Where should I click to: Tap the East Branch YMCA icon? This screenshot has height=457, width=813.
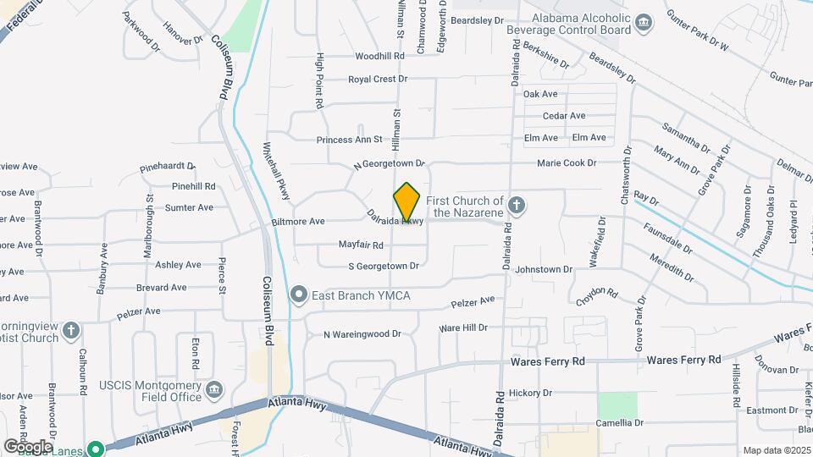pyautogui.click(x=298, y=295)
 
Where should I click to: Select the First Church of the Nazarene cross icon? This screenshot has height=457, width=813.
pyautogui.click(x=517, y=204)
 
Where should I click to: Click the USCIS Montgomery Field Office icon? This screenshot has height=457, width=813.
pyautogui.click(x=215, y=389)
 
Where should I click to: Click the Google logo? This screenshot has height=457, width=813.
pyautogui.click(x=28, y=446)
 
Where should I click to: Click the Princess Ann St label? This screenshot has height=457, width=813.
pyautogui.click(x=350, y=140)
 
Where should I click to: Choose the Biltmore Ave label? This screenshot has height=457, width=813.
pyautogui.click(x=298, y=222)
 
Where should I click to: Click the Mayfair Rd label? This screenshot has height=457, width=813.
pyautogui.click(x=361, y=245)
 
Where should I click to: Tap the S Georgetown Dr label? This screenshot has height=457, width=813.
pyautogui.click(x=384, y=266)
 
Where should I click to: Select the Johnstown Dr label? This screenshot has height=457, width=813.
pyautogui.click(x=545, y=269)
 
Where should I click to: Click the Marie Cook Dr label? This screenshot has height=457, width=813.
pyautogui.click(x=567, y=162)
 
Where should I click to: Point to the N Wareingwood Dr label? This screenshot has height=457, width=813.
pyautogui.click(x=362, y=334)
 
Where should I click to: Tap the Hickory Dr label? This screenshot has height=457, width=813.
pyautogui.click(x=530, y=393)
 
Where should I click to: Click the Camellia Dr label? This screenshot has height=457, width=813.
pyautogui.click(x=619, y=422)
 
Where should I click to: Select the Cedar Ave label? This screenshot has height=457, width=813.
pyautogui.click(x=564, y=116)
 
